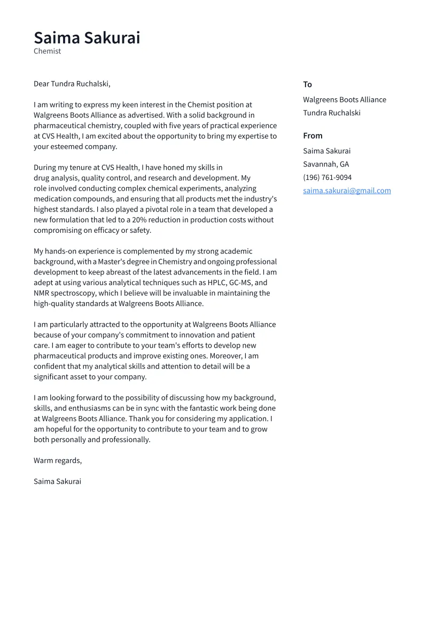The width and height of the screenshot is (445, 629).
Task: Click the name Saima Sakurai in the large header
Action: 87,38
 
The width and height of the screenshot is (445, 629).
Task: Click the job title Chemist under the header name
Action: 48,51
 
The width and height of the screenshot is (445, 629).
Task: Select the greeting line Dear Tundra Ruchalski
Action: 72,84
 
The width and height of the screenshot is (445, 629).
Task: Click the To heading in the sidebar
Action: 307,84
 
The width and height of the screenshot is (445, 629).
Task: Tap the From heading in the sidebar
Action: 313,136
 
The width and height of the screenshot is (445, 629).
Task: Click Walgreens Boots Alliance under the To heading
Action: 345,100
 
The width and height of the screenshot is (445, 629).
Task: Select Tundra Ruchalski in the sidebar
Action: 332,113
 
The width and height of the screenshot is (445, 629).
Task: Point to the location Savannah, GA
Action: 326,164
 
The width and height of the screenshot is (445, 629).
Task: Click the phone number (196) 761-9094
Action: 327,177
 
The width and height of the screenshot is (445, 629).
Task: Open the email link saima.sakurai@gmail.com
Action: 347,191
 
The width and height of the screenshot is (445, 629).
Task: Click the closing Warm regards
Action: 58,461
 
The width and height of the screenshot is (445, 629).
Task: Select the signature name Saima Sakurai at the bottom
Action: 58,482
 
